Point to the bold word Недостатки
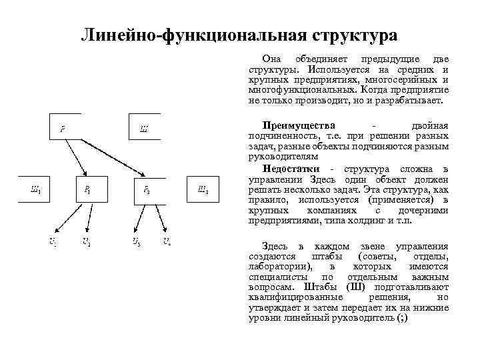coord(289,169)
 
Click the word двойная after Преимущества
coord(429,125)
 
